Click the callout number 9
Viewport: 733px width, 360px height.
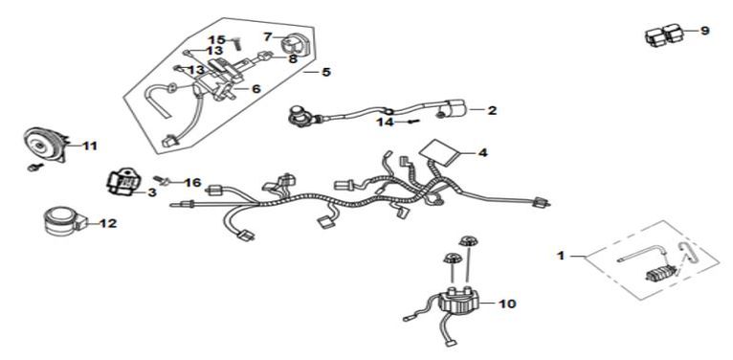[x=704, y=31]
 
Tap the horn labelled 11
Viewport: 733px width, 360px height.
[x=44, y=145]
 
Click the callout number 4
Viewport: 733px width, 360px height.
[x=482, y=152]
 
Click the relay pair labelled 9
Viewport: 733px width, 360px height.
[x=664, y=35]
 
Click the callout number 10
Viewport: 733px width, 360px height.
[x=506, y=304]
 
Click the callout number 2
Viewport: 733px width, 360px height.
[x=491, y=111]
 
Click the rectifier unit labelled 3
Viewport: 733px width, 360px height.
[x=122, y=181]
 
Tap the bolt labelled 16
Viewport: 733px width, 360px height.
[x=162, y=180]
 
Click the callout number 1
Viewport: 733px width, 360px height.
[x=562, y=256]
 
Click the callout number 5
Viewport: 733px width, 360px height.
[x=325, y=73]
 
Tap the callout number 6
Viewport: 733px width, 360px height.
[x=256, y=89]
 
